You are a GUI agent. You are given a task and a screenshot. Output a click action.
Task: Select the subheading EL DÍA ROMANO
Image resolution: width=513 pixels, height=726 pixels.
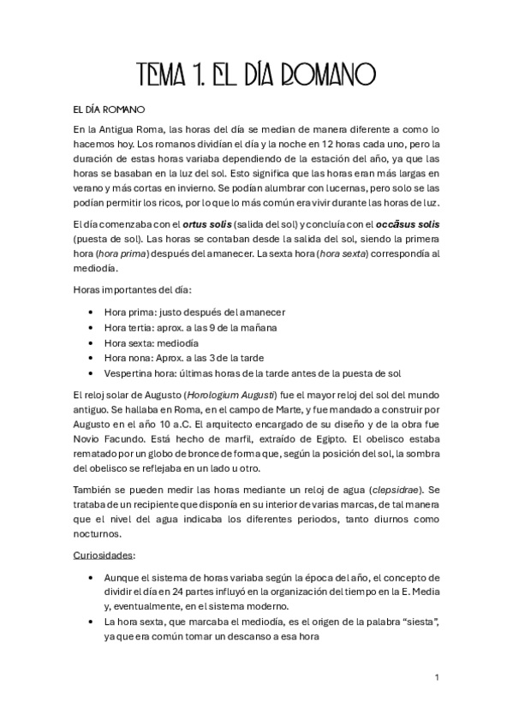[x=109, y=110]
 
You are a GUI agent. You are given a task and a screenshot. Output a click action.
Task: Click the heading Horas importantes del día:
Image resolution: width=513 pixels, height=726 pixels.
[x=132, y=290]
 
